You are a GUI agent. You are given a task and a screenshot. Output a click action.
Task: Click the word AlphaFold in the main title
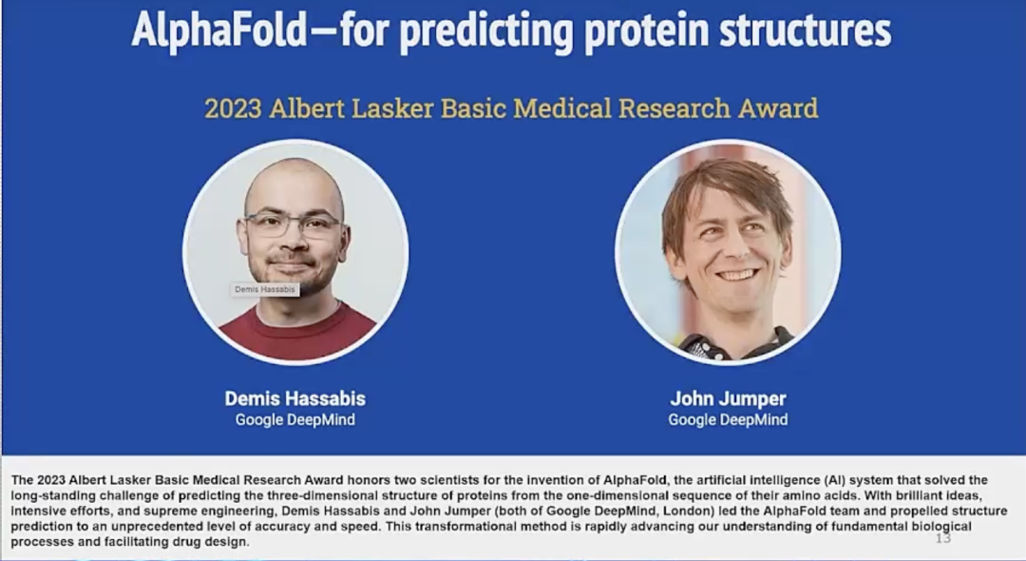[219, 30]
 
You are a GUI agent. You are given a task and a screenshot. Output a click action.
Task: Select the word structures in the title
[805, 30]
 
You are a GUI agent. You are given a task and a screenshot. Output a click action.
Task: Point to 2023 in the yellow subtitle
[233, 108]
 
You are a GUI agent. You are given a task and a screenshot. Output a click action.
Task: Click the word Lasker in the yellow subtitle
[392, 108]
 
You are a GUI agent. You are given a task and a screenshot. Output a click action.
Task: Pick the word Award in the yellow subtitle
[778, 108]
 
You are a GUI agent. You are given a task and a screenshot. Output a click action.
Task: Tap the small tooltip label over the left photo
[265, 289]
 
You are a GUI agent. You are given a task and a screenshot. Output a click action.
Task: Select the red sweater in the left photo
[297, 333]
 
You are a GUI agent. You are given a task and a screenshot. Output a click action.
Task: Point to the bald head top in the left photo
[294, 176]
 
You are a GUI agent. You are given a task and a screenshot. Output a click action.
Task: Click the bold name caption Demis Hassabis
[295, 398]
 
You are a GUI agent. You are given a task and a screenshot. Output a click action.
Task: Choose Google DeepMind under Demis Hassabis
[295, 419]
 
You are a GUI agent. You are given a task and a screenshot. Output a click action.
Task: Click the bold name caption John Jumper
[729, 398]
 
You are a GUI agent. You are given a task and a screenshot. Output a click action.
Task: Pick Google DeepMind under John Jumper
[729, 419]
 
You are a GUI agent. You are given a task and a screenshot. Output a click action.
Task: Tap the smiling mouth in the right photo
[737, 274]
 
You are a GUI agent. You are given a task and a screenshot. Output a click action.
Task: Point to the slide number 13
[943, 538]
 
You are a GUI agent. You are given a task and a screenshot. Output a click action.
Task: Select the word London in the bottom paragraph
[692, 511]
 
